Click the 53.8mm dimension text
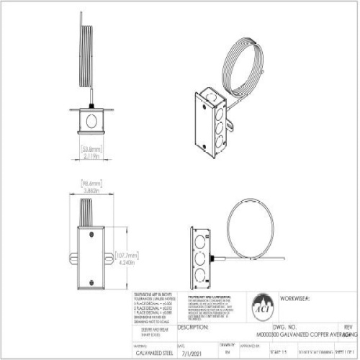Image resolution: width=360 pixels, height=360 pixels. (x=91, y=148)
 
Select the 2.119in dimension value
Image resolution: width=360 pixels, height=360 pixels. (x=91, y=156)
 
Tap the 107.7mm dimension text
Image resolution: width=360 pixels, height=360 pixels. (x=137, y=254)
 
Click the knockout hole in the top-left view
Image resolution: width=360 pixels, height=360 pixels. (x=91, y=117)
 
